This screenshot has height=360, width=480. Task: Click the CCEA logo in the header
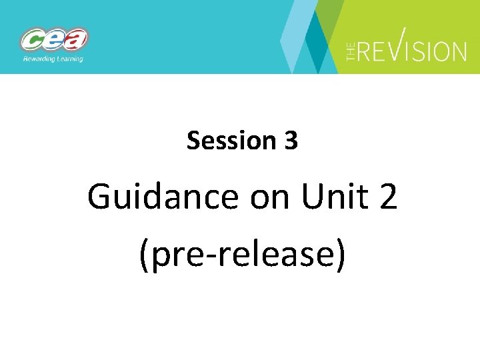coord(54,41)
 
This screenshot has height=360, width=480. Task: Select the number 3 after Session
coord(291,141)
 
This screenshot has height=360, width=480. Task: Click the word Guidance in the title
coord(162,197)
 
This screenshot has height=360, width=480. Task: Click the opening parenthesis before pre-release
coord(145,255)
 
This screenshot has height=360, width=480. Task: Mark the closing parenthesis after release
coord(340,255)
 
